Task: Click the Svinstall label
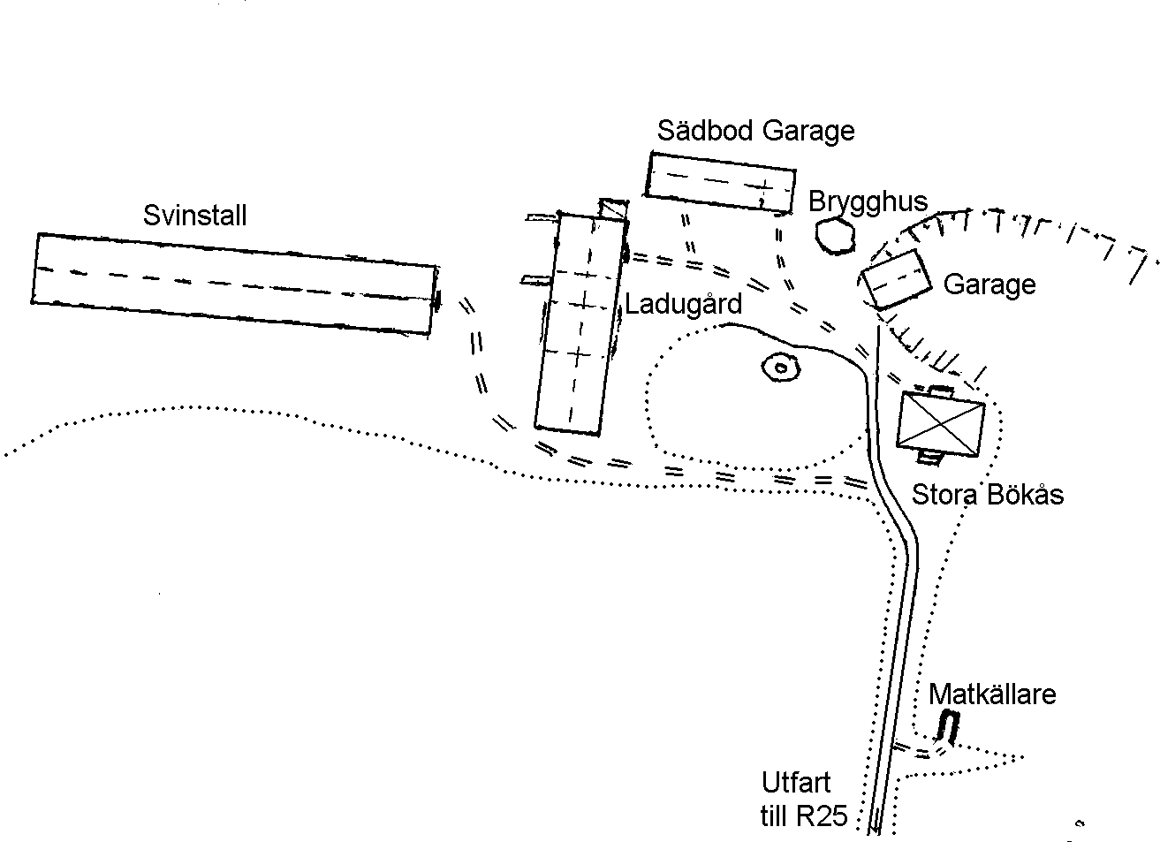pos(194,216)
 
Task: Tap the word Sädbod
pos(705,131)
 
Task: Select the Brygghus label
pos(868,203)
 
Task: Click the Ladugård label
pos(683,304)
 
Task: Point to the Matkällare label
pos(991,694)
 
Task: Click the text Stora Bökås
pos(988,495)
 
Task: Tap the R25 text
pos(822,816)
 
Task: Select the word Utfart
pos(796,782)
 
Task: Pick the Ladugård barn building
pos(581,323)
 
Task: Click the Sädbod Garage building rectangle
pos(720,182)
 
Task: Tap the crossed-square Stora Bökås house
pos(940,425)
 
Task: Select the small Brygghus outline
pos(835,236)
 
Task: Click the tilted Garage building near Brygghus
pos(896,279)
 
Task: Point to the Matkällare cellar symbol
pos(948,726)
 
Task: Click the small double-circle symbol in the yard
pos(781,368)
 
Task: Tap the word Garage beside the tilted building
pos(989,285)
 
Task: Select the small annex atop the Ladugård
pos(614,209)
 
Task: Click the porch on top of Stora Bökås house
pos(941,391)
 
